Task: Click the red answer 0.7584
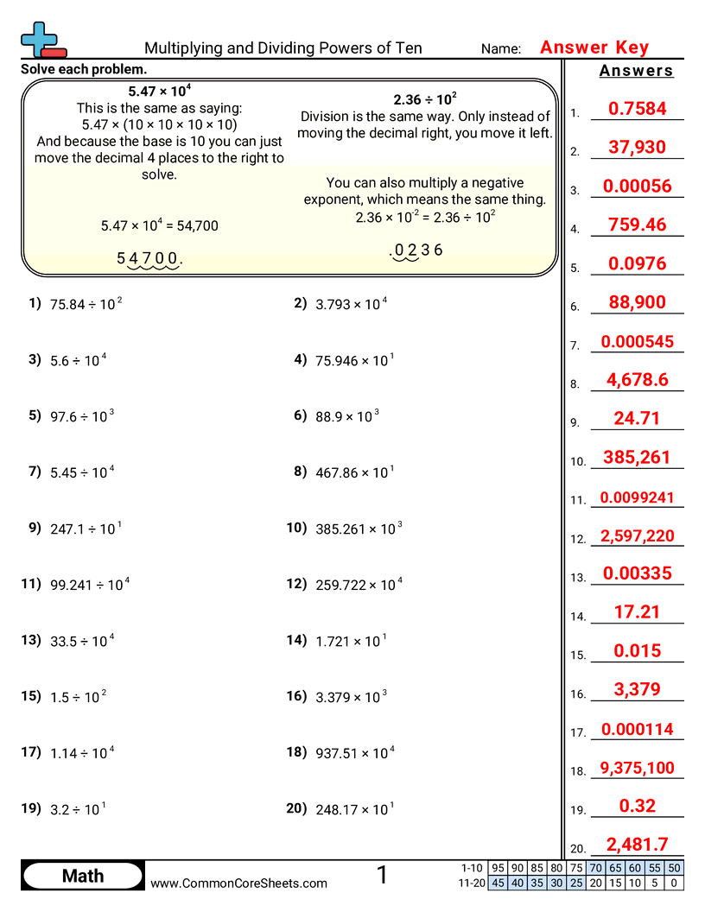pyautogui.click(x=637, y=109)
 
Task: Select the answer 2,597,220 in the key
pyautogui.click(x=637, y=536)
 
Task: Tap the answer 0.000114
pyautogui.click(x=637, y=730)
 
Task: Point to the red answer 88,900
pyautogui.click(x=637, y=301)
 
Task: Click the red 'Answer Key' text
pyautogui.click(x=594, y=47)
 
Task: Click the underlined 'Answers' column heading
pyautogui.click(x=637, y=71)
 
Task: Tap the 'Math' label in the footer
pyautogui.click(x=83, y=877)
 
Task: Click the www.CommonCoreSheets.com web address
pyautogui.click(x=239, y=883)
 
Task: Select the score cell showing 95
pyautogui.click(x=498, y=868)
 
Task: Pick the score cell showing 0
pyautogui.click(x=674, y=883)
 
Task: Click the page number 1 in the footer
pyautogui.click(x=382, y=876)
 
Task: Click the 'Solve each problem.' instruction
pyautogui.click(x=84, y=68)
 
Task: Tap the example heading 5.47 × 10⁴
pyautogui.click(x=160, y=91)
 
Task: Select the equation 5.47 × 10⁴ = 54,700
pyautogui.click(x=160, y=226)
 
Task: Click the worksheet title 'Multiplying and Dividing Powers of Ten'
pyautogui.click(x=283, y=48)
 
